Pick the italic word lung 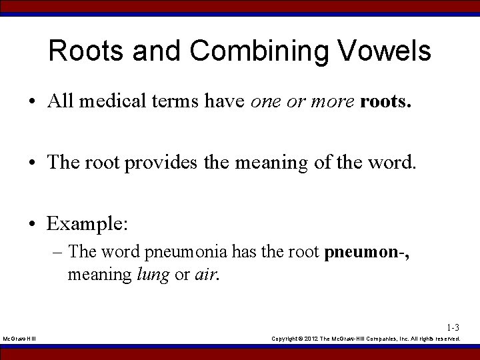coord(152,274)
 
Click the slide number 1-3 coord(453,328)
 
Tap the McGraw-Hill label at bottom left coord(20,339)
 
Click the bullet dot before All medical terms coord(32,101)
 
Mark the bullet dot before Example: coord(32,224)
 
